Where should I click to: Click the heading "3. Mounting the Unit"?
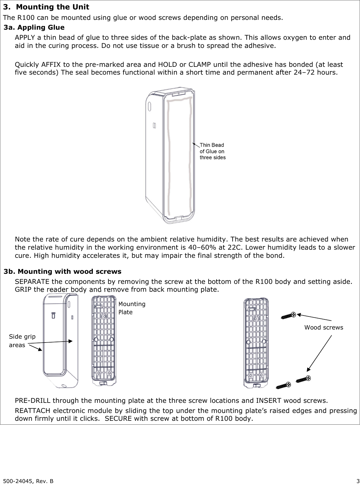(x=46, y=7)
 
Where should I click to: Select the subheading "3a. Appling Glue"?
(x=34, y=27)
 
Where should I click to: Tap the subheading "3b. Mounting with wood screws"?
(x=62, y=271)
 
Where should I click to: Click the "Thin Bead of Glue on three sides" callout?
(x=212, y=151)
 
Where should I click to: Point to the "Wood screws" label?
(x=324, y=328)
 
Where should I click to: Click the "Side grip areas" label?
(x=22, y=341)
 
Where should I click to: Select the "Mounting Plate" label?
(x=132, y=308)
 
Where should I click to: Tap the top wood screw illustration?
(x=288, y=315)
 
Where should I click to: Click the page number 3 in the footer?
(x=358, y=481)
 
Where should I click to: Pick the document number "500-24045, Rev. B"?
(x=29, y=481)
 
